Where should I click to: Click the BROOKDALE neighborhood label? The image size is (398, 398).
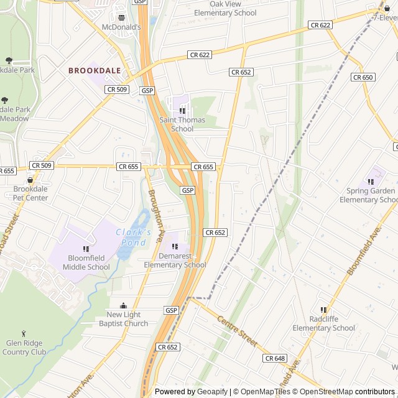(x=95, y=71)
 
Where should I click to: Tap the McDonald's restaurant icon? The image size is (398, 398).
(x=122, y=17)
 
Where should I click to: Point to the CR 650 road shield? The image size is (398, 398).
(x=363, y=77)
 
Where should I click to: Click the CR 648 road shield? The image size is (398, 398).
(x=275, y=358)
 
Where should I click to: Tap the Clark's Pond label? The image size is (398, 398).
(x=133, y=237)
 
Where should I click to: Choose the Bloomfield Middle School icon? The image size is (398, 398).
(x=86, y=249)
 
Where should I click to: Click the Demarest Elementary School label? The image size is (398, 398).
(x=175, y=261)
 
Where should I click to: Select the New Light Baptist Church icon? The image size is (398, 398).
(x=123, y=305)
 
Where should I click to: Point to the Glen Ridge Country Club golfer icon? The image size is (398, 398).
(x=24, y=334)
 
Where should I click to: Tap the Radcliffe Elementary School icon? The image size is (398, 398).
(x=323, y=310)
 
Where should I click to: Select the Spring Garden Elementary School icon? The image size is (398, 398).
(x=371, y=182)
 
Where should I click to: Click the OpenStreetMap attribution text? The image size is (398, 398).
(x=326, y=392)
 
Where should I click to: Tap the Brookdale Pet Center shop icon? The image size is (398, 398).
(x=30, y=180)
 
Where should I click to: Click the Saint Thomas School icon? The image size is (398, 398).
(x=182, y=111)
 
